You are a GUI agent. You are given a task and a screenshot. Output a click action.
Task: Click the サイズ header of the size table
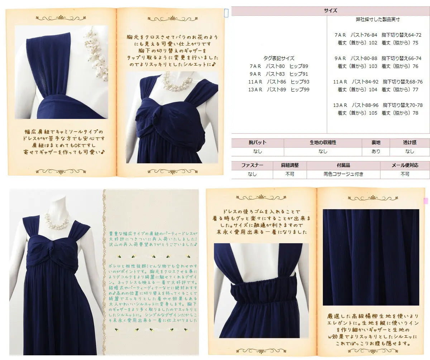coord(330,11)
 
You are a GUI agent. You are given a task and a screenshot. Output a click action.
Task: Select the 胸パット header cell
coord(257,143)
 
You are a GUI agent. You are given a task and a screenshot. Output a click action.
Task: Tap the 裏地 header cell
coord(376,143)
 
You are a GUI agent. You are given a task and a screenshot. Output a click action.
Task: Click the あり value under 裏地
coord(376,152)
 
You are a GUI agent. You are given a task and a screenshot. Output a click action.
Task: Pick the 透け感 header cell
coord(410,143)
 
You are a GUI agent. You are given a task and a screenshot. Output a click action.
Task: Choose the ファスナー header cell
coord(252,165)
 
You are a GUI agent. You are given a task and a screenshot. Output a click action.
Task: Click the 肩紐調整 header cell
coord(290,165)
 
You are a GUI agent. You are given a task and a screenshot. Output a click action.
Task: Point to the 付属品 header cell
coord(343,165)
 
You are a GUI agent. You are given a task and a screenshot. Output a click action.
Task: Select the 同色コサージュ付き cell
coord(343,174)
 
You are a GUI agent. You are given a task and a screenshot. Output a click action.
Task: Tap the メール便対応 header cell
coord(405,165)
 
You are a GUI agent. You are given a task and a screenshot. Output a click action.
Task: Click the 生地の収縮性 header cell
coord(323,143)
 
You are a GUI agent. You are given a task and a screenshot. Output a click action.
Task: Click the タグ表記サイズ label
coord(279,58)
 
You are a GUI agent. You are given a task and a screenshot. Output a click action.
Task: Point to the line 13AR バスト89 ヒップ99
coord(279,90)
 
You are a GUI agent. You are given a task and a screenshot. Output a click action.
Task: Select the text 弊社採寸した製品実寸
coord(378,19)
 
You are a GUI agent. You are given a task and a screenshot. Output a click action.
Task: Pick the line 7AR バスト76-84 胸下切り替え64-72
coord(378,35)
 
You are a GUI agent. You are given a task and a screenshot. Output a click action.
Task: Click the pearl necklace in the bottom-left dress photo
coord(57,221)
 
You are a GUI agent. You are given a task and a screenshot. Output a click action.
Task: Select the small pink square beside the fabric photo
coord(426,201)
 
